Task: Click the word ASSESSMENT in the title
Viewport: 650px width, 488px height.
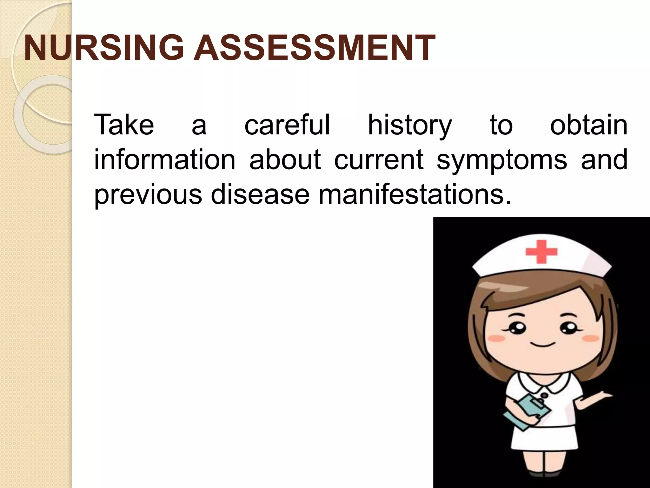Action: click(314, 48)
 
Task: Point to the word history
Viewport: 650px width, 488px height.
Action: click(409, 125)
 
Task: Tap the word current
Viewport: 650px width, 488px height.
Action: click(379, 159)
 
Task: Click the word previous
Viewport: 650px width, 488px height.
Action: click(148, 194)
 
